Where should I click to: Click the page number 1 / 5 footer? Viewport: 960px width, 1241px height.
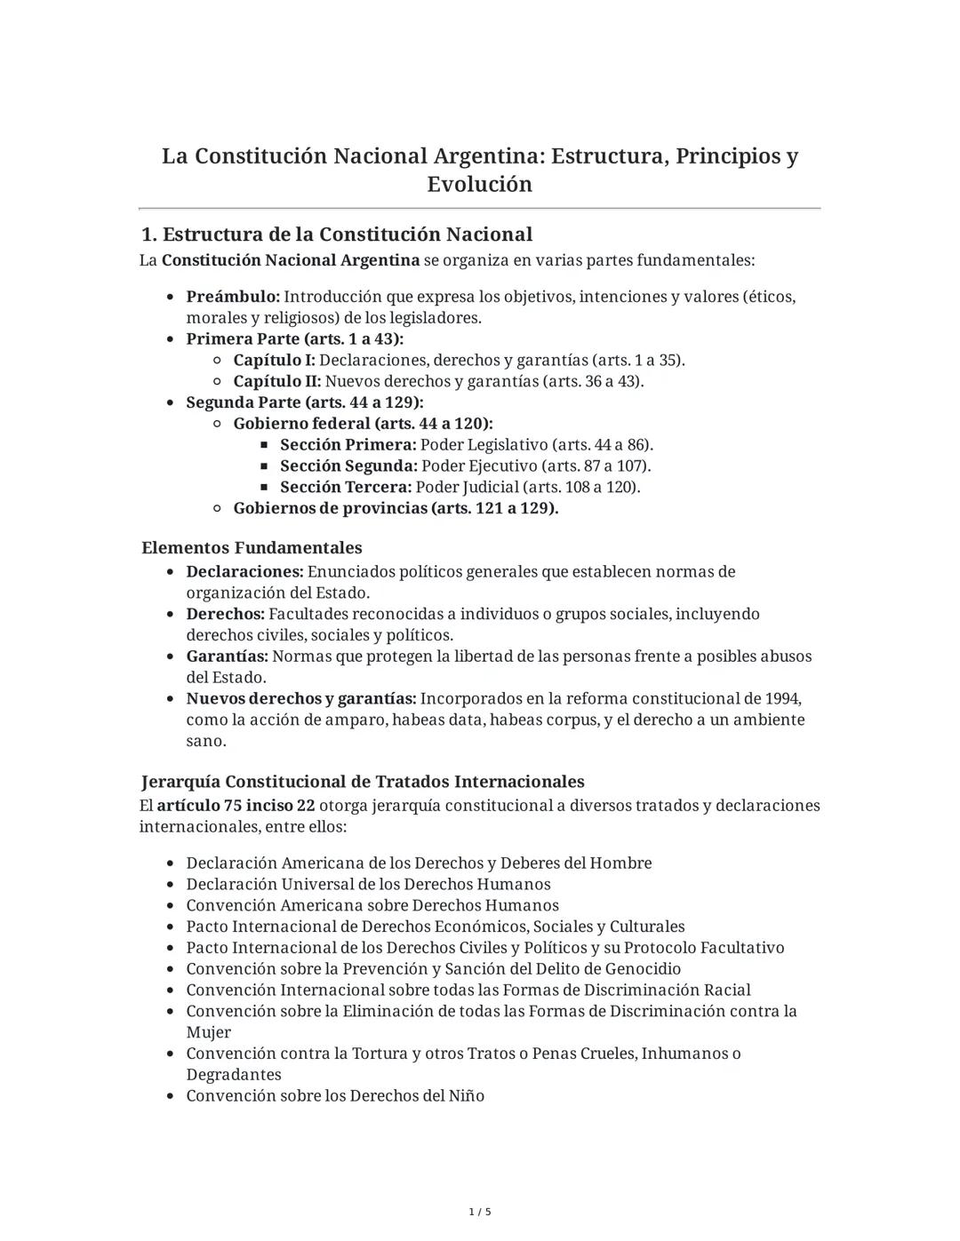pyautogui.click(x=480, y=1212)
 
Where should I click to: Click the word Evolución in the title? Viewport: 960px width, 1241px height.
pyautogui.click(x=479, y=184)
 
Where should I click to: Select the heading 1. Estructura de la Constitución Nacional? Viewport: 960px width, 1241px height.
pyautogui.click(x=337, y=235)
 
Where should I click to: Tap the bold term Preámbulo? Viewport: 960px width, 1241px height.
pyautogui.click(x=233, y=297)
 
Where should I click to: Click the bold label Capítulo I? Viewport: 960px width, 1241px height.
pyautogui.click(x=274, y=361)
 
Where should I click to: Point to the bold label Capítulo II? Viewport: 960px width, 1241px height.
pyautogui.click(x=276, y=382)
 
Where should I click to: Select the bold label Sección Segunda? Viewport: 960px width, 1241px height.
pyautogui.click(x=348, y=466)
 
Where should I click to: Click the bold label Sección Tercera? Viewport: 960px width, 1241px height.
pyautogui.click(x=346, y=488)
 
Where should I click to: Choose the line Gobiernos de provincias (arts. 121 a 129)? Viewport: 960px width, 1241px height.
pyautogui.click(x=396, y=509)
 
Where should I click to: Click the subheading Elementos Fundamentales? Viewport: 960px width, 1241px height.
pyautogui.click(x=252, y=548)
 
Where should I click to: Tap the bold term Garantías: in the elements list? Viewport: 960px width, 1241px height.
pyautogui.click(x=227, y=656)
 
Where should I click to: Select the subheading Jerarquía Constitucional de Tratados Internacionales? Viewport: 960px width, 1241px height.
pyautogui.click(x=363, y=782)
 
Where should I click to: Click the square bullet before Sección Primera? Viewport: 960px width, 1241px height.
pyautogui.click(x=265, y=445)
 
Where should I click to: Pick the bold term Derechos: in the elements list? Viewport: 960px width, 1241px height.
pyautogui.click(x=225, y=615)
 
